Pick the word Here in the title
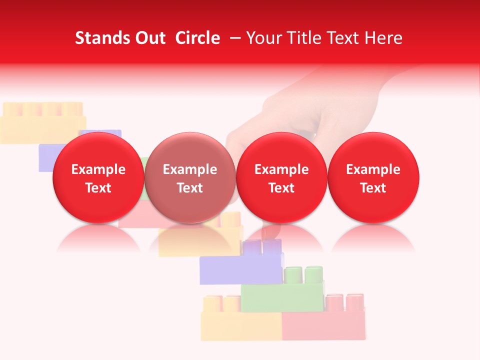click(383, 38)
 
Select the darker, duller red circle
click(190, 177)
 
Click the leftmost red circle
click(98, 177)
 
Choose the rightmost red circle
click(373, 177)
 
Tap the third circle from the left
click(281, 177)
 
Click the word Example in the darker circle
click(190, 169)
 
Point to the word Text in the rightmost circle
click(373, 188)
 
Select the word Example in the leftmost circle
click(98, 169)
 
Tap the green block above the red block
click(282, 297)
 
